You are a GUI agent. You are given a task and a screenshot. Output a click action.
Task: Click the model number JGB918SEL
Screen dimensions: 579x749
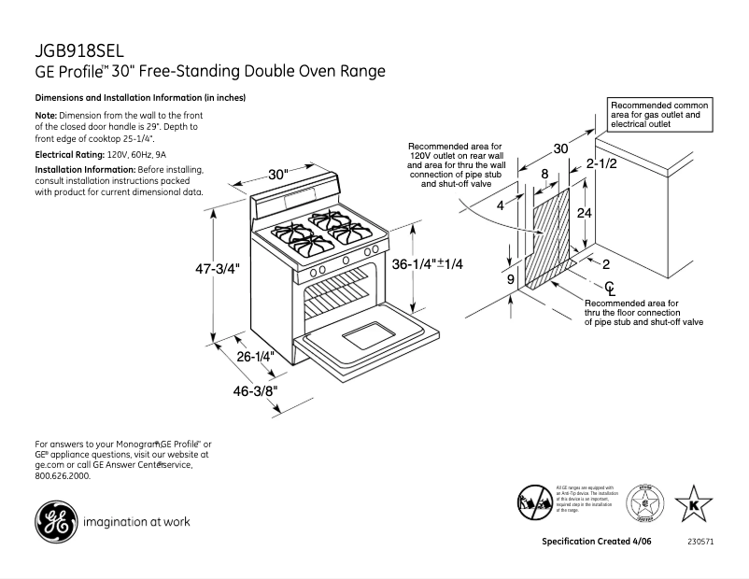click(x=78, y=51)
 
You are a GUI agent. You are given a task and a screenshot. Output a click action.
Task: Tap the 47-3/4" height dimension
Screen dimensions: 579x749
click(x=218, y=268)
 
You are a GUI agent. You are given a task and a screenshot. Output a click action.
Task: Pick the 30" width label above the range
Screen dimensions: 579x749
click(x=278, y=175)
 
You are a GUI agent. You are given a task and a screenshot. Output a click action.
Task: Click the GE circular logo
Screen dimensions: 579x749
click(x=54, y=521)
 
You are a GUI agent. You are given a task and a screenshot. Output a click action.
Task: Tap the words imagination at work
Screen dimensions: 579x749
click(x=136, y=522)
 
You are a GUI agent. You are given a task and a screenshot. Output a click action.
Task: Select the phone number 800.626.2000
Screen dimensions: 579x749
click(x=63, y=475)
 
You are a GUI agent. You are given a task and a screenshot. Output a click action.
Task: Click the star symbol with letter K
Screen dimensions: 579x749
click(x=693, y=504)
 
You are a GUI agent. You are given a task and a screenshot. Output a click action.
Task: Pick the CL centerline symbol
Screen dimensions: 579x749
click(x=609, y=288)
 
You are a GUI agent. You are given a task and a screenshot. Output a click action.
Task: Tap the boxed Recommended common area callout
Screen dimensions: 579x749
click(x=660, y=115)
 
